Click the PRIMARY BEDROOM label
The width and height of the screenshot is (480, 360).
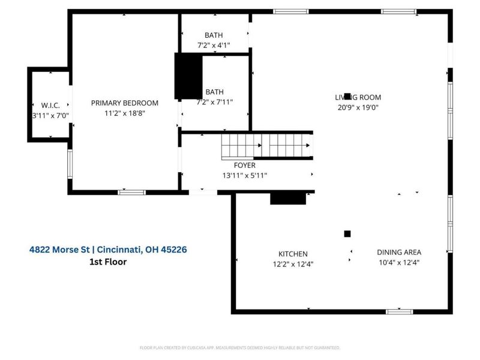click(x=124, y=103)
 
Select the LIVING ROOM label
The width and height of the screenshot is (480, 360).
click(x=358, y=97)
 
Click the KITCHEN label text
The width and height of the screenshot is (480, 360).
click(x=293, y=254)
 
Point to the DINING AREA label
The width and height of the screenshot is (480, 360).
click(x=399, y=253)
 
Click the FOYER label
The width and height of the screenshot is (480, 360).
click(x=245, y=165)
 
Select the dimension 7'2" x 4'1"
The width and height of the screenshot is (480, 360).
click(x=214, y=45)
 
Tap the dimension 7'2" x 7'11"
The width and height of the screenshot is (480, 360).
click(x=214, y=102)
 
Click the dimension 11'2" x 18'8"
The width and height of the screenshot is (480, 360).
click(x=124, y=113)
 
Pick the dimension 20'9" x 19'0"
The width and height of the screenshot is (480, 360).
click(x=358, y=107)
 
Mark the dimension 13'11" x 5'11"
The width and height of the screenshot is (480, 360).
click(x=245, y=175)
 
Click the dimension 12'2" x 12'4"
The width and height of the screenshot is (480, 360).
click(x=293, y=264)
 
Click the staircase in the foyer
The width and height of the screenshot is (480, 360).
click(x=267, y=145)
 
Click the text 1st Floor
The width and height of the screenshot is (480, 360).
click(x=107, y=262)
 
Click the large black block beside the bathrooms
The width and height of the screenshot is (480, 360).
click(x=188, y=76)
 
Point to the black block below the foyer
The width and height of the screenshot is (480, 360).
click(x=288, y=198)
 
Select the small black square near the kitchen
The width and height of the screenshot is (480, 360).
click(x=347, y=233)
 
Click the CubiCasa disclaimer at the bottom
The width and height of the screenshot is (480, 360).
click(x=240, y=347)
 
